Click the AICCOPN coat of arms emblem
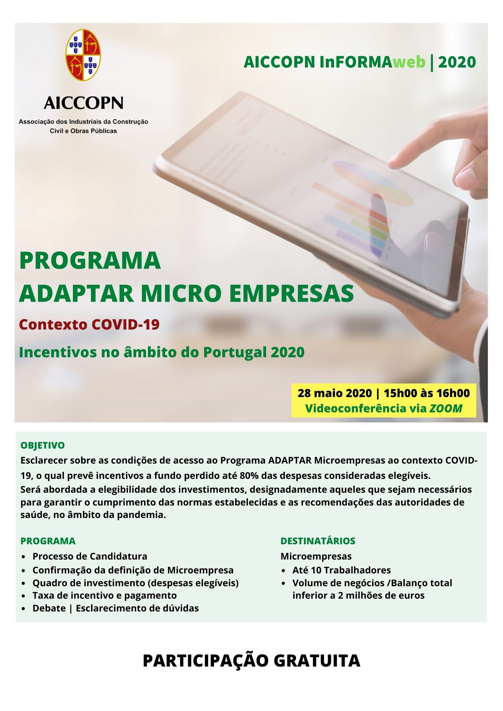tap(83, 55)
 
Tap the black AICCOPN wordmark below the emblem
tap(84, 103)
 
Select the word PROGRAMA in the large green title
tap(90, 260)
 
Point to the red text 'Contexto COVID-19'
tap(89, 325)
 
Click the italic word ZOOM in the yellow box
tap(446, 408)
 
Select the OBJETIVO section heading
tap(43, 445)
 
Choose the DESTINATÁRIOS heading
tap(318, 541)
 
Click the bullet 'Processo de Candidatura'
tap(90, 556)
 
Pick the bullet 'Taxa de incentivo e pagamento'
tap(105, 595)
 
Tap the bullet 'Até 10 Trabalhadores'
tap(341, 570)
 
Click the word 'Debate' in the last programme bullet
tap(49, 608)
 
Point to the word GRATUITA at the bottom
tap(317, 661)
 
